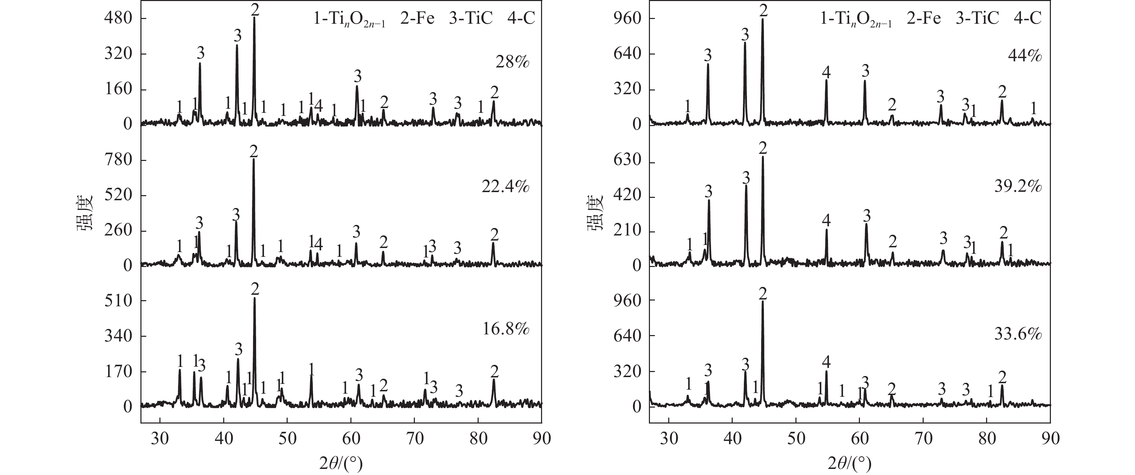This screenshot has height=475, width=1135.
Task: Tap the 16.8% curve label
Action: pos(505,329)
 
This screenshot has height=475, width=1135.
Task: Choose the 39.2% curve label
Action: pos(1017,187)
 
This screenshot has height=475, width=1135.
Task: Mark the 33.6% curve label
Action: pos(1017,335)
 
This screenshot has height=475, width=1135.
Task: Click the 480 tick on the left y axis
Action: pos(118,19)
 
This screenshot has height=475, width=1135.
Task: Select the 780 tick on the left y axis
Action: pos(118,160)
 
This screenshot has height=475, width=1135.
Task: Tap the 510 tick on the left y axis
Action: pos(118,301)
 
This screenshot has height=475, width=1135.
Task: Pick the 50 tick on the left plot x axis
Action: pos(287,439)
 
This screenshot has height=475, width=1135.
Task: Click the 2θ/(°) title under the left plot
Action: pos(341,463)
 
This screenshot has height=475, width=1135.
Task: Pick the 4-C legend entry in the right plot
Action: pos(1029,19)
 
